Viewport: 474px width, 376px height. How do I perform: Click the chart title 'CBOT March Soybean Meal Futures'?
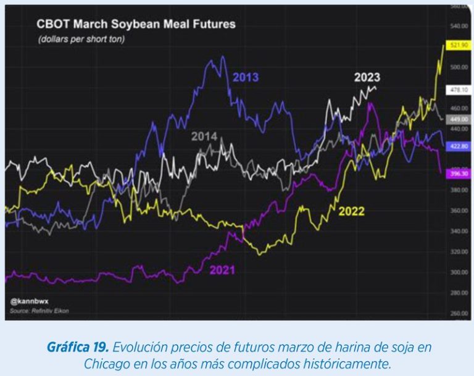[136, 25]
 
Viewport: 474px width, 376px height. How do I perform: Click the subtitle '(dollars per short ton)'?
[81, 40]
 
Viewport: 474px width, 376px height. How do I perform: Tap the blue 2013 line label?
[246, 78]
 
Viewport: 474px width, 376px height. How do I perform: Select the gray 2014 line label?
[204, 136]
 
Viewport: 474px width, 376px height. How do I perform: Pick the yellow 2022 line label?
[351, 211]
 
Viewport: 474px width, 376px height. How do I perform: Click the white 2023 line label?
[367, 78]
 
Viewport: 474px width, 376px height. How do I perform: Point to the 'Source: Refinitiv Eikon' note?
[39, 311]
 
